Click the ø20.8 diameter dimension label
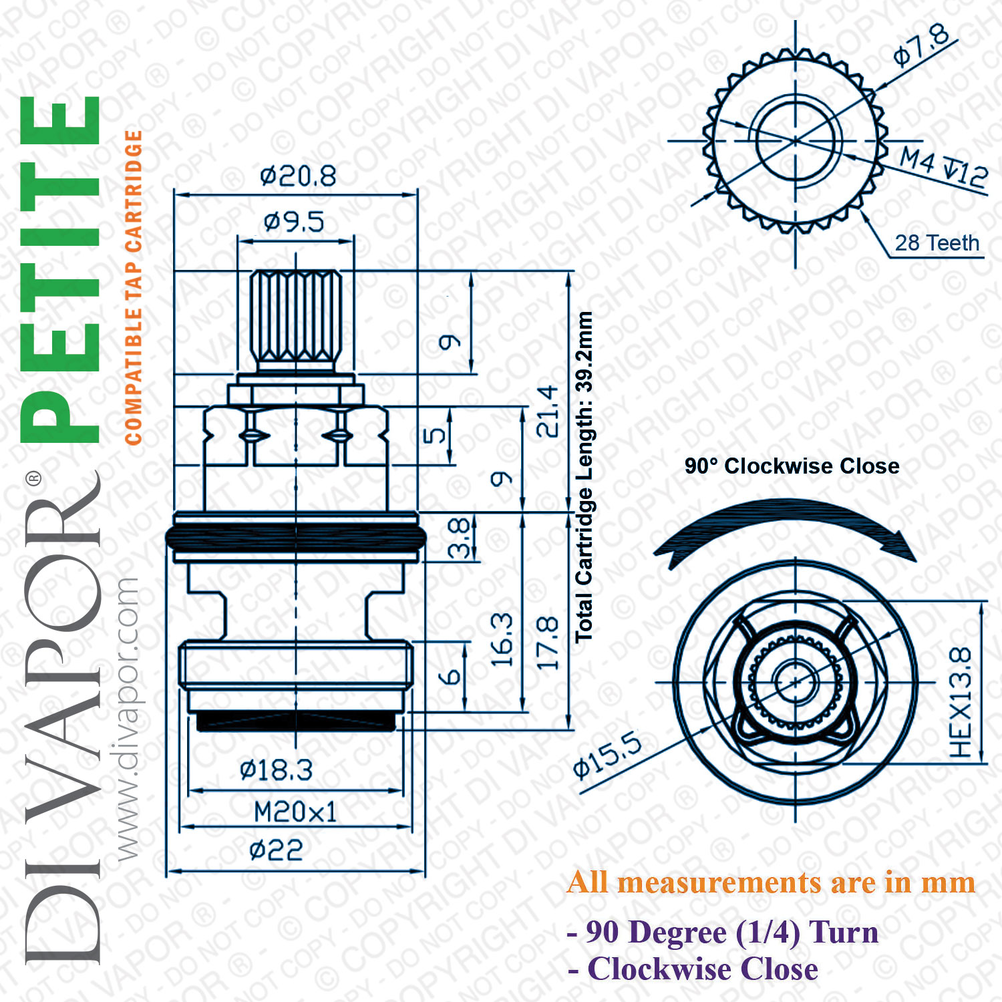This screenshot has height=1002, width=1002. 298,176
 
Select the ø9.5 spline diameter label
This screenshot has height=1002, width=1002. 294,222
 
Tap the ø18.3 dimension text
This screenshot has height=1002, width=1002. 276,770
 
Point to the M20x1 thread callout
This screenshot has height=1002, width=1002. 295,812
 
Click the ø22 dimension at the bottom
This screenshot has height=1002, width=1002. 276,850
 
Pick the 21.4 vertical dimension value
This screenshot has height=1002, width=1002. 548,411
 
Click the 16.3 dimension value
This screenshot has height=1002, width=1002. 502,640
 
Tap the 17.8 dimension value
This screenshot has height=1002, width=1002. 548,643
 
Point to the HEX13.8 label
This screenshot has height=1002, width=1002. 961,702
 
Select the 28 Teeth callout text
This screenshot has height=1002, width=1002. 937,242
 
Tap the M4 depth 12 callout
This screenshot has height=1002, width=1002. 943,167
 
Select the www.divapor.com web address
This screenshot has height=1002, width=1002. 127,719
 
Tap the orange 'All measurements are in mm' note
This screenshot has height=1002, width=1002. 771,882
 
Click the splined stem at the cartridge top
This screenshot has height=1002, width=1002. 296,319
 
